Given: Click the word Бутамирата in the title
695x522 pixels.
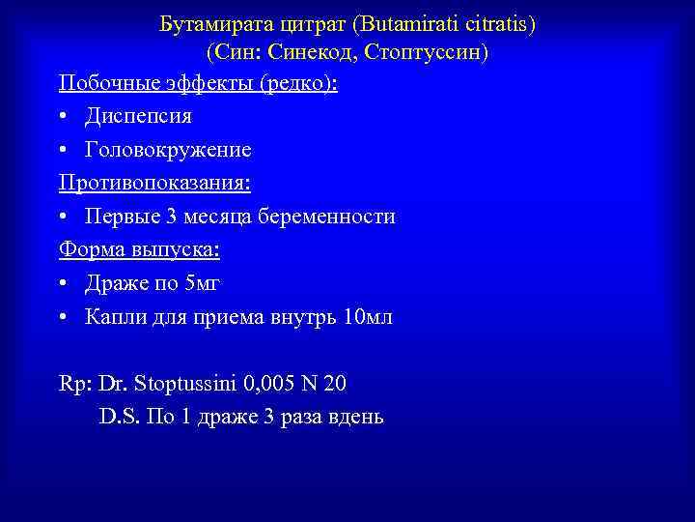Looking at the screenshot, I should click(x=208, y=22).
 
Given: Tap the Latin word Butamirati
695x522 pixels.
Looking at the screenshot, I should click(x=397, y=22).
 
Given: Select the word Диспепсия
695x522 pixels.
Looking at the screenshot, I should click(x=138, y=116).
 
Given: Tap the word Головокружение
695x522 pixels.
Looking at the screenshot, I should click(x=168, y=150).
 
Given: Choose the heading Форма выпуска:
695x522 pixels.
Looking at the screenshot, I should click(x=139, y=250).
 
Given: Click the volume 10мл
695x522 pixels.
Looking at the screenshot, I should click(x=368, y=317).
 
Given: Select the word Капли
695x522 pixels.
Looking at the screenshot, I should click(x=112, y=317).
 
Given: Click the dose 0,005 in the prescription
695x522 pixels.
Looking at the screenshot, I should click(x=266, y=385).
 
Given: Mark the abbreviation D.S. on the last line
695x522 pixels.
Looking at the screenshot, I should click(x=120, y=418).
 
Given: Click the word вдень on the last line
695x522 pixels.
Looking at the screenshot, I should click(x=355, y=418).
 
